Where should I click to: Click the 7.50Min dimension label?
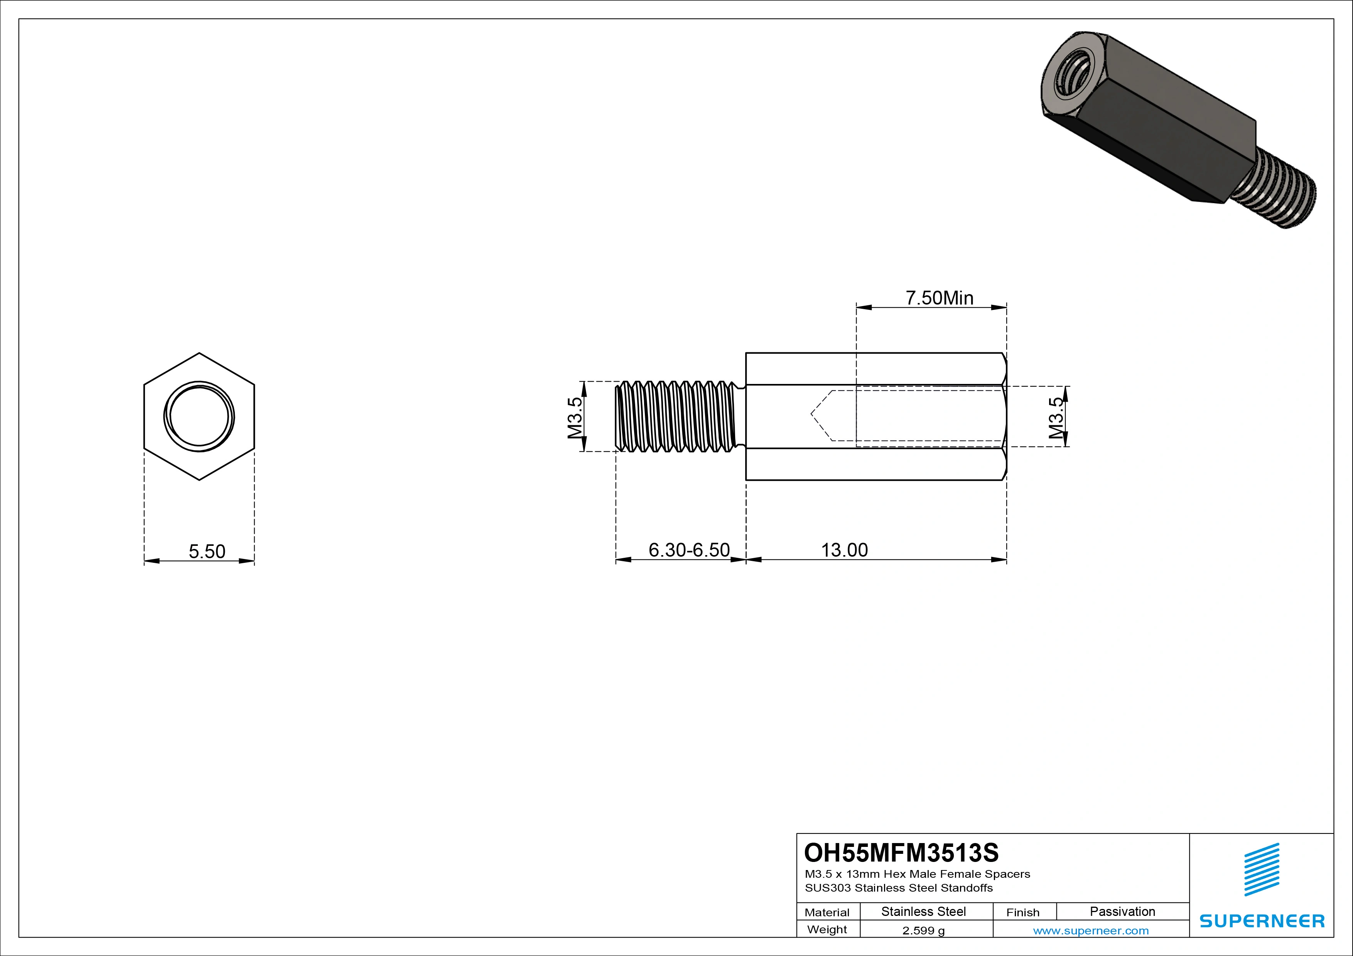tap(939, 298)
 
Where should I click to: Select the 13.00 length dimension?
tap(844, 550)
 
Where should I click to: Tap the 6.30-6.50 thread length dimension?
tap(689, 550)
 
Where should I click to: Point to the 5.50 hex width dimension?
tap(207, 551)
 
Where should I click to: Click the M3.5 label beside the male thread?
tap(575, 417)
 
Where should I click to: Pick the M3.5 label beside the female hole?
tap(1056, 418)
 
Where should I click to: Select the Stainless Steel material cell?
tap(923, 911)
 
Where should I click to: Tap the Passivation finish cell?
tap(1122, 911)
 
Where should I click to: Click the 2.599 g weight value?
tap(923, 931)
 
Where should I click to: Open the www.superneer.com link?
tap(1090, 931)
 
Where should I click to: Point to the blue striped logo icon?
tap(1262, 869)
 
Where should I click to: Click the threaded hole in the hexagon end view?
tap(199, 416)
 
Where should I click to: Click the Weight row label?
tap(827, 929)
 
